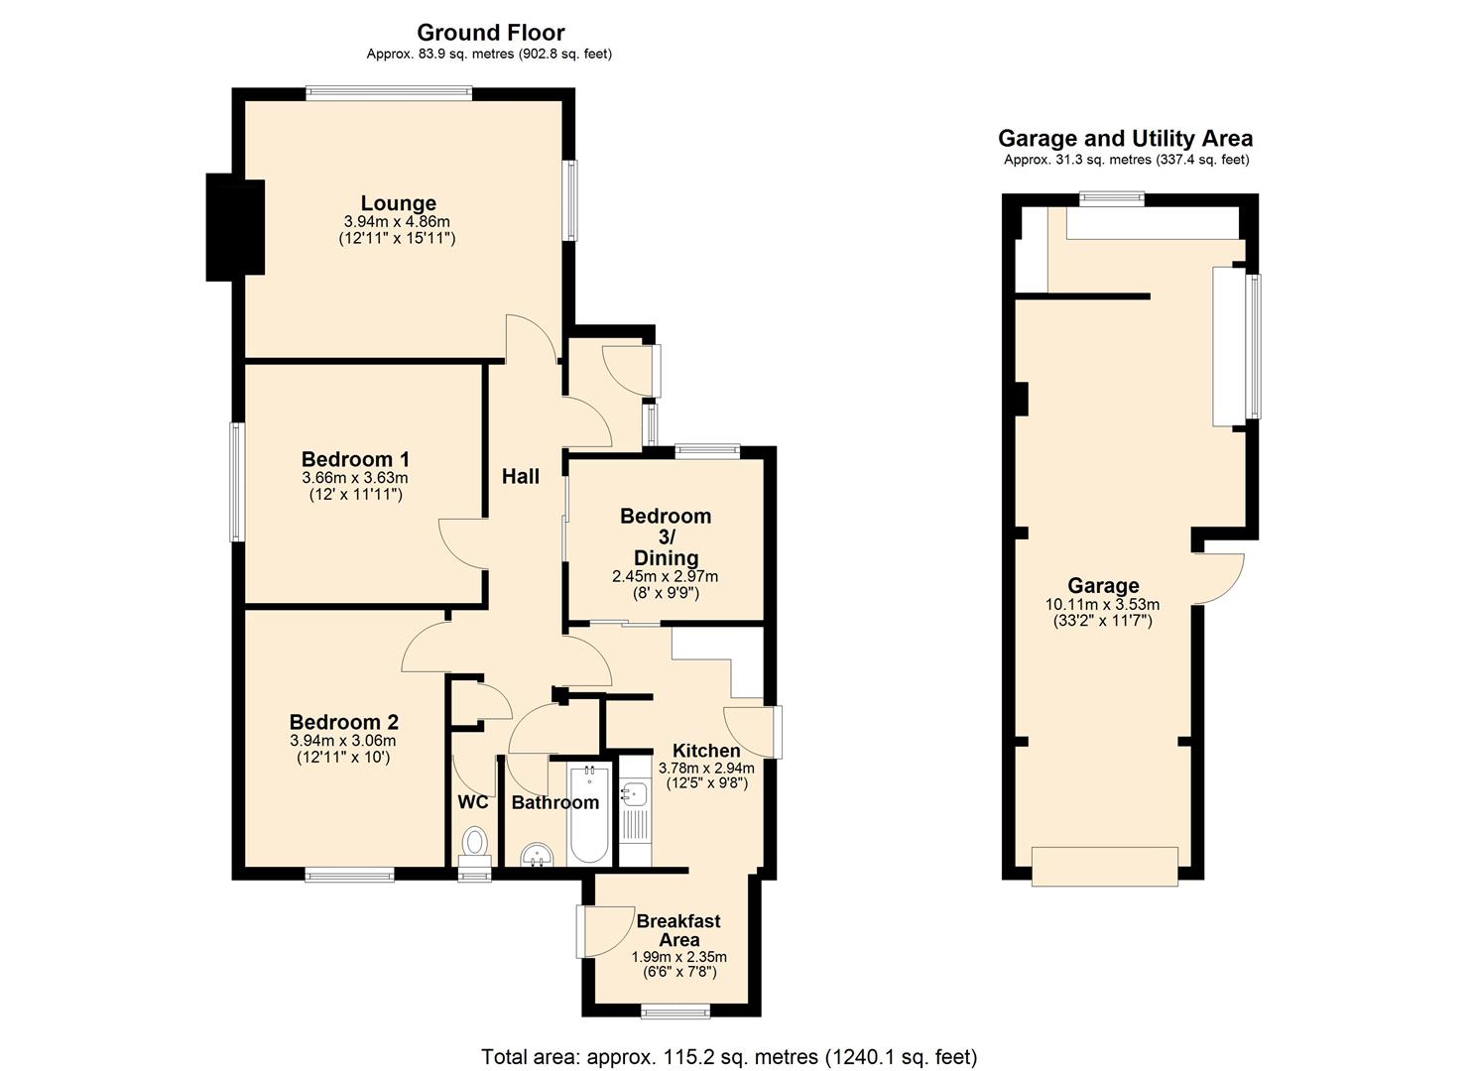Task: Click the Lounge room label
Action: [x=398, y=203]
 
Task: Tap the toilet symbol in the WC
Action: [x=475, y=845]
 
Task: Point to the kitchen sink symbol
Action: [x=634, y=794]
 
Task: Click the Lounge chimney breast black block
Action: [x=234, y=227]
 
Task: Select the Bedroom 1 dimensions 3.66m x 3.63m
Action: [x=355, y=477]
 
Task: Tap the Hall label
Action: [x=520, y=476]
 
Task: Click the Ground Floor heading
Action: [x=490, y=32]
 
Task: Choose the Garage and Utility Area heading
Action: [x=1125, y=139]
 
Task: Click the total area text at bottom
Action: [x=729, y=1056]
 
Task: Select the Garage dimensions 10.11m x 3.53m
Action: [x=1102, y=604]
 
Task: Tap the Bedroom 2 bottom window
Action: [x=349, y=875]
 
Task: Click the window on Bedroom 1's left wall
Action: [x=237, y=482]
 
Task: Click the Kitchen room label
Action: [x=706, y=751]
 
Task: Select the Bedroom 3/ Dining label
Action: [x=666, y=536]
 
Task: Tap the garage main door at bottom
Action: [x=1104, y=866]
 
